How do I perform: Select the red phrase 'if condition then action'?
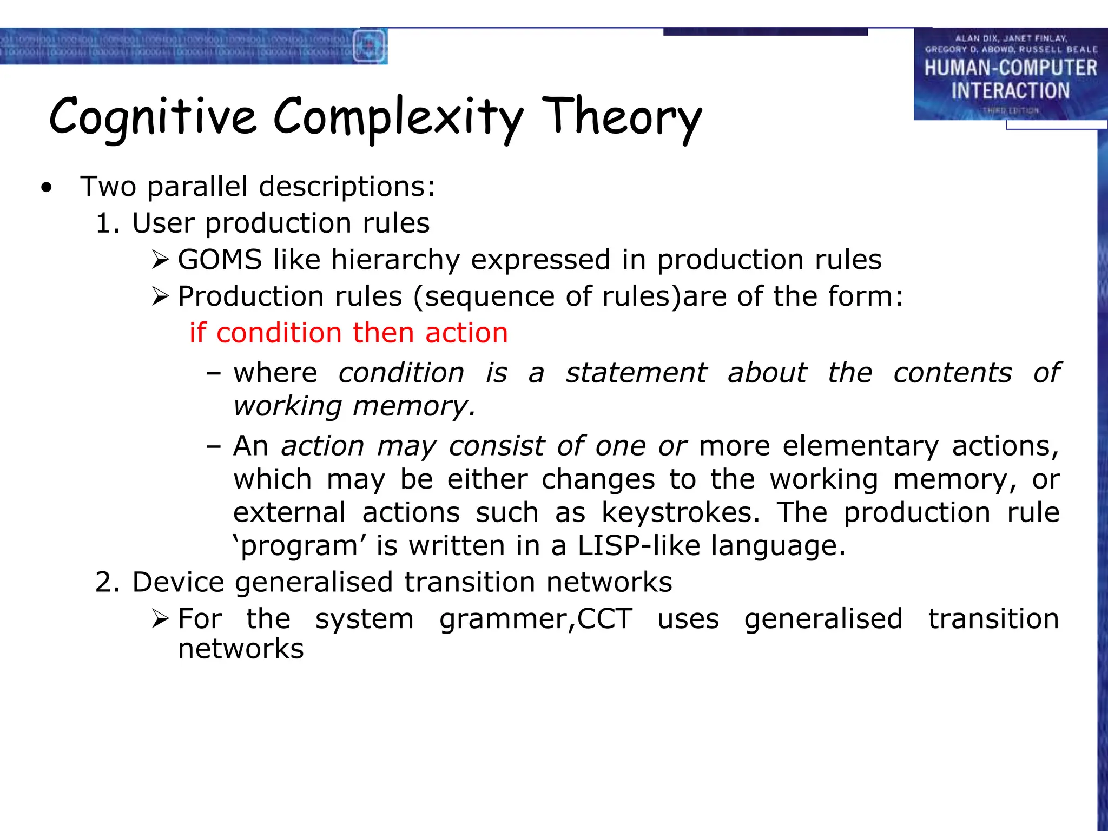tap(348, 333)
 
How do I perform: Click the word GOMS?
tap(220, 260)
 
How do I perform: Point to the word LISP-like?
tap(638, 545)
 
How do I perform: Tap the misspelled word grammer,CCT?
tap(536, 618)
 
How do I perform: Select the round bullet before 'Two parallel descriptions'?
tap(47, 188)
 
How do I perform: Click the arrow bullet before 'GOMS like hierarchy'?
tap(161, 260)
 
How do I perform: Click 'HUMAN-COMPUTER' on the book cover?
tap(1010, 68)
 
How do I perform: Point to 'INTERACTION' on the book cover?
tap(1010, 90)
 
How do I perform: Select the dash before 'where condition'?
tap(214, 373)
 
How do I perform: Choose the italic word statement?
tap(636, 373)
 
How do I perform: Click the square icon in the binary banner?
tap(369, 46)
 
